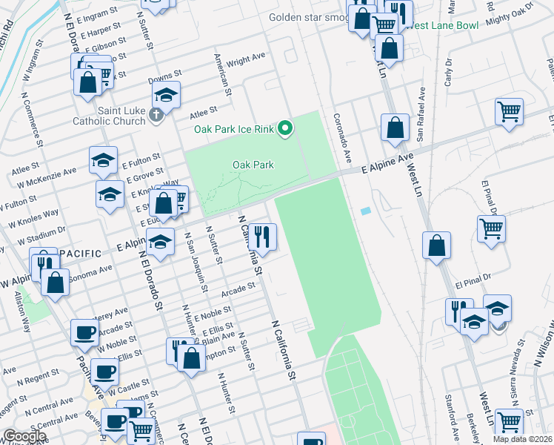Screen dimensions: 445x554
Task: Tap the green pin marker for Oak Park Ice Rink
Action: pos(285,130)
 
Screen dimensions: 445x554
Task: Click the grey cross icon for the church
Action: pos(155,115)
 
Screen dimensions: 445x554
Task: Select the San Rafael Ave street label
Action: pos(420,113)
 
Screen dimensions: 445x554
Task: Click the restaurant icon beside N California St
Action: pos(262,237)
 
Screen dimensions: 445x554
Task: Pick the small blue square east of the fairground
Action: pos(365,211)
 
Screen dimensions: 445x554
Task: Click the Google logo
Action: pos(24,436)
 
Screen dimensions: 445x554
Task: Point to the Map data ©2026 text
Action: pos(522,439)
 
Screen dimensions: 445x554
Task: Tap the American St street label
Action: pos(220,70)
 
